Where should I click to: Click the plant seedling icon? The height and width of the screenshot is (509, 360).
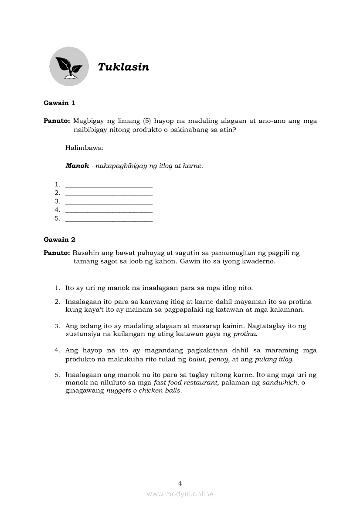click(x=69, y=67)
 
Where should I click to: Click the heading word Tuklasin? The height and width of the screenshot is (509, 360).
click(x=123, y=67)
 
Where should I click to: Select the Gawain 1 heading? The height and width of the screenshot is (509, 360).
click(x=59, y=103)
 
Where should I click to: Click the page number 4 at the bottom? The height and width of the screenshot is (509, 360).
click(x=180, y=483)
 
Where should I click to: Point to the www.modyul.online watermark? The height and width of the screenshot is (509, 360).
click(x=180, y=494)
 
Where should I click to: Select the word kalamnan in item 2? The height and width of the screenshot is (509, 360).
click(x=289, y=310)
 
